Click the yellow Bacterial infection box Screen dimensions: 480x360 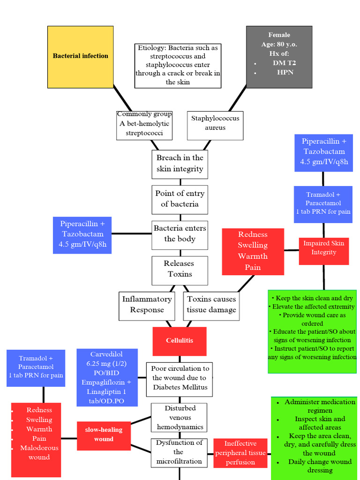(80, 57)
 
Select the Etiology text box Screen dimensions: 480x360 (178, 65)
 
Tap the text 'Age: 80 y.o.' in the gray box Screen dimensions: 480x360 (279, 44)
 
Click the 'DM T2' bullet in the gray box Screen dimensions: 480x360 (284, 63)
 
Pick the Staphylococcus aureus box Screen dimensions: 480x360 (215, 123)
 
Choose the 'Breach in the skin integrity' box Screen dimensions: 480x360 (180, 164)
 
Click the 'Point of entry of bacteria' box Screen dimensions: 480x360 (180, 199)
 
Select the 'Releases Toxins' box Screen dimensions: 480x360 (180, 269)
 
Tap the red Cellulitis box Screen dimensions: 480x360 (180, 340)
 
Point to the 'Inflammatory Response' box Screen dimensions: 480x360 (147, 305)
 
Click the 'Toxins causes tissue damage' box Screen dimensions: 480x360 (211, 305)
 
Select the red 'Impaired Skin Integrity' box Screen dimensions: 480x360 (323, 248)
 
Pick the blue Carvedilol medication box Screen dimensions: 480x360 (107, 377)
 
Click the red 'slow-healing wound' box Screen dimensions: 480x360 (104, 435)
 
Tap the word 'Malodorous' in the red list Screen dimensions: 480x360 (39, 448)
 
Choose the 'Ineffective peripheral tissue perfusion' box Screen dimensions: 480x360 (240, 453)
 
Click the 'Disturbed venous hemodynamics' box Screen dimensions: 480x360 (180, 418)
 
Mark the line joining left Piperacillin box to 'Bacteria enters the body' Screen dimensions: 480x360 (131, 233)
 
